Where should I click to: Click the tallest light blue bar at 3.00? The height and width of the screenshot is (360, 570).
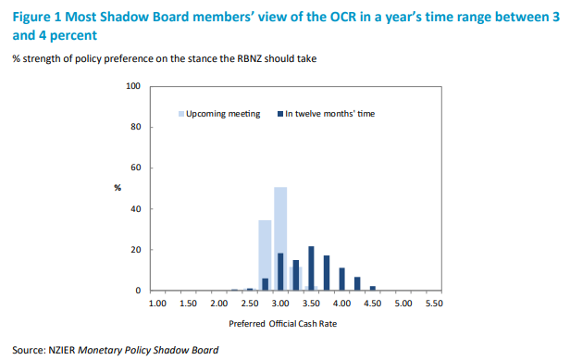coord(280,239)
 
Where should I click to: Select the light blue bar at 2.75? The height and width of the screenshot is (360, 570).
coord(265,255)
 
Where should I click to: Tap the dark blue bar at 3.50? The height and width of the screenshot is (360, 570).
coord(311,268)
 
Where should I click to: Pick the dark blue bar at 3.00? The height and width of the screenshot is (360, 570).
coord(280,272)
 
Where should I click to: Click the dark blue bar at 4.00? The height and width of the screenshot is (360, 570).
coord(342,279)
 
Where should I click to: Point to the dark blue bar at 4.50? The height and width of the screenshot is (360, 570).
coord(373,288)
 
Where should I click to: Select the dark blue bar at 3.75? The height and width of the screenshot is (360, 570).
coord(327,273)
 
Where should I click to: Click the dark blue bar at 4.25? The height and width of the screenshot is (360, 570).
coord(357,283)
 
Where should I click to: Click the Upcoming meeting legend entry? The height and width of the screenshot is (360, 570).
coord(219,114)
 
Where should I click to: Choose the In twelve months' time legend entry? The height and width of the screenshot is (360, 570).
coord(326,114)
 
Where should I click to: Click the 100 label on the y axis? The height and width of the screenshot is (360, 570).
coord(133,86)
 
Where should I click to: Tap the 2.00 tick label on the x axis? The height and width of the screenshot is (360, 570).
coord(218,304)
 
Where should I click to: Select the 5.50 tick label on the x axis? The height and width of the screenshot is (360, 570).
coord(434,304)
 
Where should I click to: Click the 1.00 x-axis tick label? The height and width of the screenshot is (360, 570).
coord(157,304)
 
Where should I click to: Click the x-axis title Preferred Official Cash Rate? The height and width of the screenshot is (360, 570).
coord(283,324)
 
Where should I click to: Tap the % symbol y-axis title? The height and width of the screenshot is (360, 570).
coord(118,188)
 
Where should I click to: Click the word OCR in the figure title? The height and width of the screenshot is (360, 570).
coord(343,17)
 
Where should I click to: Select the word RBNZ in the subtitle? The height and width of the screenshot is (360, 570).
coord(250,58)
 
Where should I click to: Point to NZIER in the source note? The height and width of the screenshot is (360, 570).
coord(62,350)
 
